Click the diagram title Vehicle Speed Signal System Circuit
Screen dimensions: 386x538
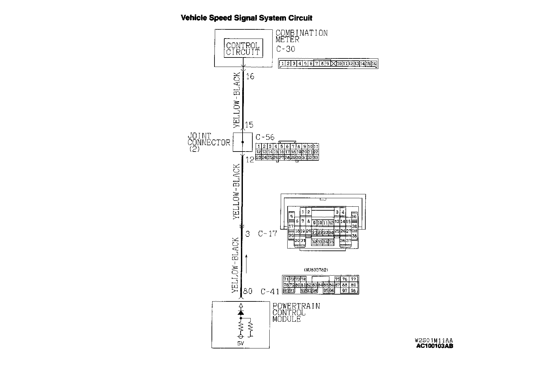246,18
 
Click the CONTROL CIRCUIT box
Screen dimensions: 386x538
243,48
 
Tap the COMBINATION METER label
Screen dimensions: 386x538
301,36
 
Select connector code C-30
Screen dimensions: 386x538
286,49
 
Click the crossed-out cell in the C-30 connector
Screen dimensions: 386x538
333,64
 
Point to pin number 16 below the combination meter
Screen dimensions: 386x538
250,76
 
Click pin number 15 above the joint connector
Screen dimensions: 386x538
249,125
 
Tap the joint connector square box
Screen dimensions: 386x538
243,142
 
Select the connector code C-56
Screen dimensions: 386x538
265,137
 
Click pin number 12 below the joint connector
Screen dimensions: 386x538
249,160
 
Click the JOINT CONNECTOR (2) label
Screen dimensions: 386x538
208,142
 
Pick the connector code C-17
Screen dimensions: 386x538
267,234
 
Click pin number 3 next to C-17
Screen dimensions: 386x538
247,234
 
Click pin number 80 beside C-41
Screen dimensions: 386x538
248,291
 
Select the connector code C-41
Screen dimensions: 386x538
270,291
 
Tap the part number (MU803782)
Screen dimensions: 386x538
316,270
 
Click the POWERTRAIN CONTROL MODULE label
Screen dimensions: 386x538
296,313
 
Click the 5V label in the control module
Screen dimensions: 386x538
241,344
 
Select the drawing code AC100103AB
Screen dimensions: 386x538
435,346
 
